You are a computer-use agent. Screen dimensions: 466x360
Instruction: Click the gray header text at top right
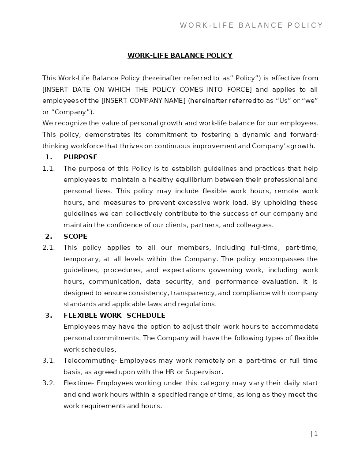click(251, 26)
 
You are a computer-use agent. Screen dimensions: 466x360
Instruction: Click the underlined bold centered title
click(180, 56)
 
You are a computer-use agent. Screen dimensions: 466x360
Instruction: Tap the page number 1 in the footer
click(316, 434)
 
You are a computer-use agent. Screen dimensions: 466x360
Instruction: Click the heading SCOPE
click(75, 237)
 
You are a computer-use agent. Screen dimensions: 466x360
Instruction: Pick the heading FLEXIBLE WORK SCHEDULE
click(114, 316)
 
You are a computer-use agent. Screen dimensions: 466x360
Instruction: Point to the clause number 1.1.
click(49, 169)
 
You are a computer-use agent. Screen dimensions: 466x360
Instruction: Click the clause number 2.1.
click(49, 248)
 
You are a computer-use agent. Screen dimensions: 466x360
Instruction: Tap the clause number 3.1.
click(49, 361)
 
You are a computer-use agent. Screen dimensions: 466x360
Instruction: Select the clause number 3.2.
click(49, 383)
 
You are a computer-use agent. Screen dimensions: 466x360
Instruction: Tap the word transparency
click(193, 293)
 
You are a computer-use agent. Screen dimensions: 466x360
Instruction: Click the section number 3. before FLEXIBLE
click(49, 316)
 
